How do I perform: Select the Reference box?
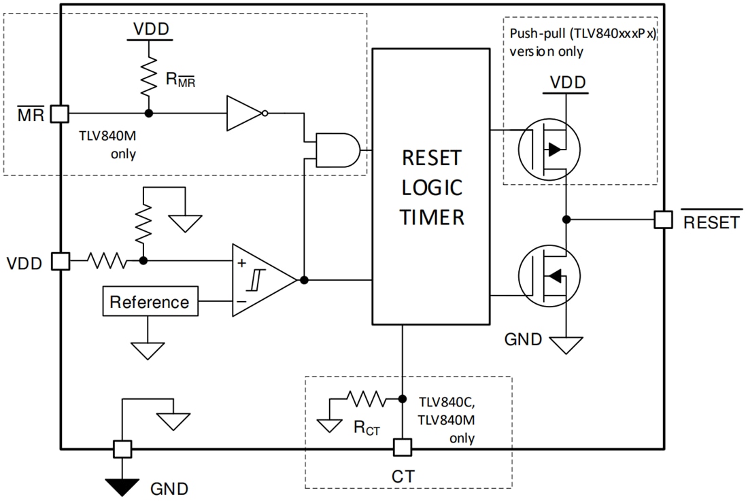point(150,302)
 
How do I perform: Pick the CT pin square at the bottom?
point(403,448)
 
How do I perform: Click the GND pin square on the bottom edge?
point(122,449)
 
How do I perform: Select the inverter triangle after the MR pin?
point(243,113)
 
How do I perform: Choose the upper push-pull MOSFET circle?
point(548,148)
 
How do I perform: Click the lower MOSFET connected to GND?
point(548,276)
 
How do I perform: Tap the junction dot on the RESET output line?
point(566,219)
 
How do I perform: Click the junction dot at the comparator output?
point(304,279)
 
